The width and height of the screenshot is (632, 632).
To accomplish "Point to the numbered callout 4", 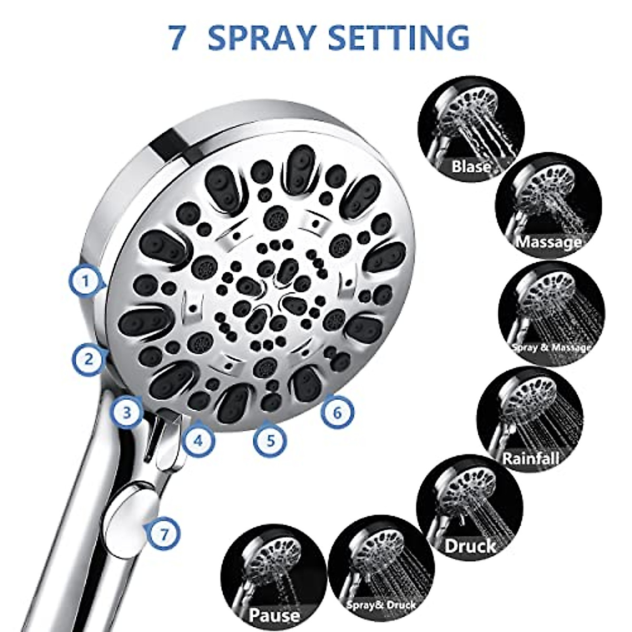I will (198, 440).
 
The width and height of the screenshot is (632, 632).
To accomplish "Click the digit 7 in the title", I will (177, 38).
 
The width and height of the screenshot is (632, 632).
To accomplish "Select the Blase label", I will (471, 167).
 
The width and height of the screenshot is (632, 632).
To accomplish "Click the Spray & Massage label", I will (551, 348).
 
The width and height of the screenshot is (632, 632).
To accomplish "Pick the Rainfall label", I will (530, 458).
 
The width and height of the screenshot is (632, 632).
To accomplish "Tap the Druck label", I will (470, 546).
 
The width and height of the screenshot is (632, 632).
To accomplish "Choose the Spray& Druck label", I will (381, 605).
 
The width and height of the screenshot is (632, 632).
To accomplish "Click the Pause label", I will (274, 615).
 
